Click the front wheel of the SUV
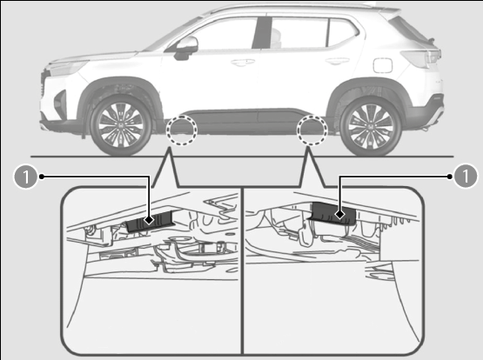tap(121, 125)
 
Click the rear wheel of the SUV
tap(371, 126)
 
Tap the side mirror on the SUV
tap(186, 48)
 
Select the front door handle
tap(243, 63)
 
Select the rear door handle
tap(338, 61)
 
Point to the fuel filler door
tap(383, 65)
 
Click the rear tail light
tap(421, 58)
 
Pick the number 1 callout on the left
tap(26, 177)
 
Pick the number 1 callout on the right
tap(466, 177)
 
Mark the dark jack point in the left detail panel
tap(150, 222)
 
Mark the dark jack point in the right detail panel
tap(333, 214)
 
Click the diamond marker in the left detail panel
tap(150, 220)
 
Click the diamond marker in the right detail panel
tap(339, 214)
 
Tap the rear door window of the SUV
tap(299, 33)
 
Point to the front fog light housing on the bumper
tap(61, 103)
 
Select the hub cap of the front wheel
tap(121, 125)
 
